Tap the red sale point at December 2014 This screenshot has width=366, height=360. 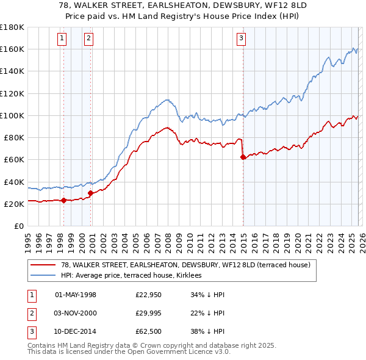(x=243, y=157)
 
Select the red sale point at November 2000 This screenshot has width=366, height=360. (x=91, y=193)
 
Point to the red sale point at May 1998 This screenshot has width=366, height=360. (x=63, y=200)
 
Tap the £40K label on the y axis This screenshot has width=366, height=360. (x=14, y=182)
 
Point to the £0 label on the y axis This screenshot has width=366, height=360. (x=18, y=226)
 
